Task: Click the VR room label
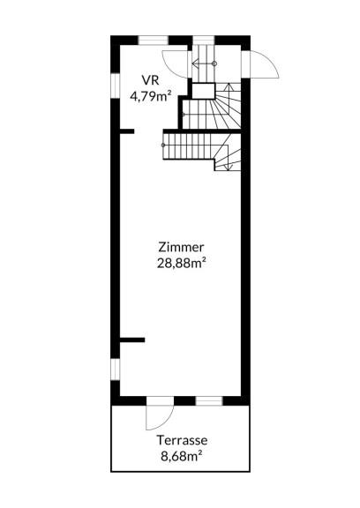(150, 79)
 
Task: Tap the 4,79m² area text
(150, 96)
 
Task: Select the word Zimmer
(181, 247)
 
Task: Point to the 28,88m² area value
(182, 263)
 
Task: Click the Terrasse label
(182, 440)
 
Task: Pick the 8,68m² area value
(182, 456)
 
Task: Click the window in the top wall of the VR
(154, 41)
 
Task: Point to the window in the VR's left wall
(116, 86)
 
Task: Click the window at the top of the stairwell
(204, 41)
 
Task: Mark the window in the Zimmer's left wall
(116, 370)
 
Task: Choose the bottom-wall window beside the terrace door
(209, 400)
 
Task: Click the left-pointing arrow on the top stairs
(204, 63)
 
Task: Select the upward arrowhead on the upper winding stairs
(229, 86)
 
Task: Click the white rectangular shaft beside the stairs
(204, 91)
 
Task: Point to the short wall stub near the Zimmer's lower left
(132, 340)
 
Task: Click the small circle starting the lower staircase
(163, 145)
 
